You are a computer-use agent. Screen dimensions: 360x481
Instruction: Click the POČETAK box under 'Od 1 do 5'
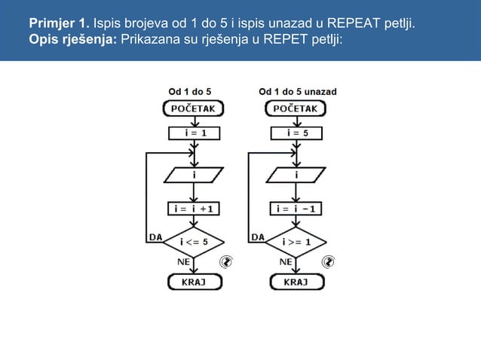(194, 108)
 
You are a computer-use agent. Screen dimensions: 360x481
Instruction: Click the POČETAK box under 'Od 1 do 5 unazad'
(296, 108)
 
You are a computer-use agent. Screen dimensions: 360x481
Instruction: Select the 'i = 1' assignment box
(193, 133)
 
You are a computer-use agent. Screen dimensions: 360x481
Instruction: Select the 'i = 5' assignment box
(296, 133)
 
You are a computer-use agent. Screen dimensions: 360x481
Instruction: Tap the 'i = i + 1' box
(194, 207)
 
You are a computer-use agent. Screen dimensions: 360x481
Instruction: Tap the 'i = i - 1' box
(296, 207)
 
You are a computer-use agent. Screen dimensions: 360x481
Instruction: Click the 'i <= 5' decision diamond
(194, 241)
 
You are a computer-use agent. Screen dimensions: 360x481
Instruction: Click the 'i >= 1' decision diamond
(296, 241)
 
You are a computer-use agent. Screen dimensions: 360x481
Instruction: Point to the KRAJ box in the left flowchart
(194, 282)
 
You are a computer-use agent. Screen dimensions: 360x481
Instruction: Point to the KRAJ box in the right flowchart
(296, 282)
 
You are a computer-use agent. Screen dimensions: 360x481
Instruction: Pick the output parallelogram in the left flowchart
(194, 175)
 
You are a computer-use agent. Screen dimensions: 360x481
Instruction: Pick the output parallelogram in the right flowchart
(296, 175)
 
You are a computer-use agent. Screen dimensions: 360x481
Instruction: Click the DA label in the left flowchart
(155, 236)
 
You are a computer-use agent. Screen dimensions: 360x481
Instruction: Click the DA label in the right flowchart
(257, 236)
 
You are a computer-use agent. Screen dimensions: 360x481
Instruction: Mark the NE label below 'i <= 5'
(183, 261)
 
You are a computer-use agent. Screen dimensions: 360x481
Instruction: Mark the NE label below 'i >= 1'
(286, 261)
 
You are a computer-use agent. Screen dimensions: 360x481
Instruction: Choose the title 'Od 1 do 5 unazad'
(297, 91)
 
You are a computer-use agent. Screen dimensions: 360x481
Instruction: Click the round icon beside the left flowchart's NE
(225, 262)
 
